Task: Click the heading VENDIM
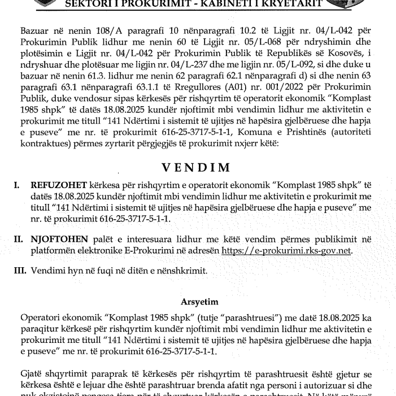[196, 167]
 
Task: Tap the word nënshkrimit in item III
[181, 271]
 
